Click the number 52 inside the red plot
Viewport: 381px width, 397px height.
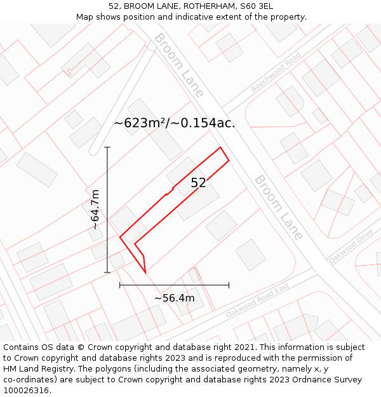coord(198,183)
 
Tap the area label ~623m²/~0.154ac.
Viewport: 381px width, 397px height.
coord(174,123)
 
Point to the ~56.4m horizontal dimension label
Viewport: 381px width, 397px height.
coord(174,298)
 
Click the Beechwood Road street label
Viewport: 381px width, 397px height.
coord(276,72)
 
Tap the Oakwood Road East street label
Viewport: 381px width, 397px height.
coord(257,301)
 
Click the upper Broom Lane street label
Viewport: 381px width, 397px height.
coord(178,65)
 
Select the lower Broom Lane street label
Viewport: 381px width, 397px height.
coord(279,207)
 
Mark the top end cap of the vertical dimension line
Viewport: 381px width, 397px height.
coord(107,147)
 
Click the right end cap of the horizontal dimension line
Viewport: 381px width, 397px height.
coord(229,285)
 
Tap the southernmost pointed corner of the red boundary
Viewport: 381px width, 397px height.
coord(145,273)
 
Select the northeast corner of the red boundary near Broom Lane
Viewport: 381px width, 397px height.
coord(221,147)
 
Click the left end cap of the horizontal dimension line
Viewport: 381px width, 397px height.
coord(120,285)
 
